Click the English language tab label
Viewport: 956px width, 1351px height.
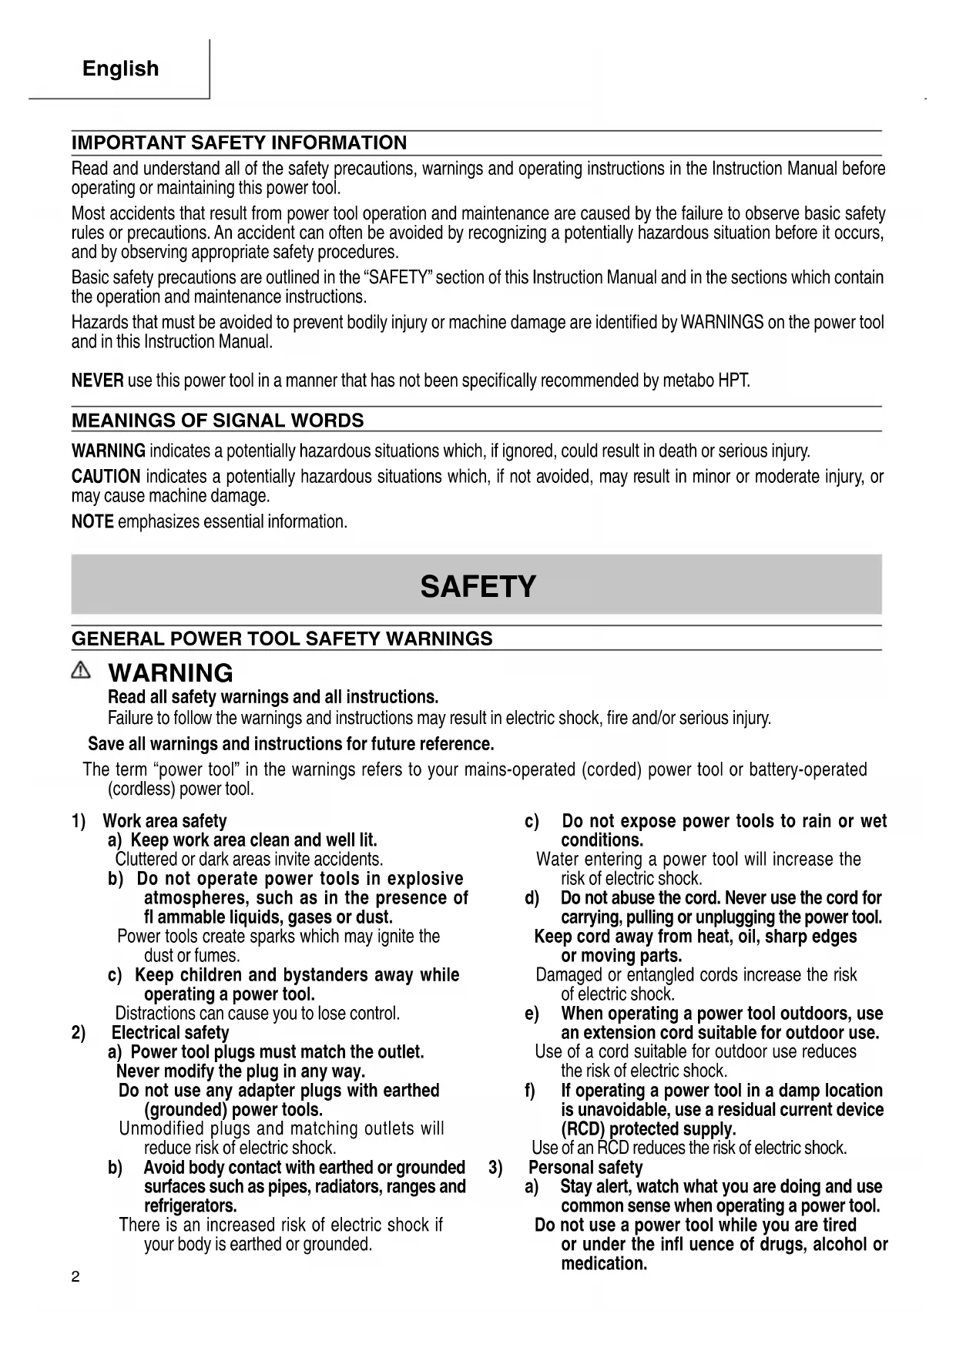pyautogui.click(x=120, y=69)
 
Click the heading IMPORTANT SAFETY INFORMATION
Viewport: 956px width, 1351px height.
pyautogui.click(x=239, y=143)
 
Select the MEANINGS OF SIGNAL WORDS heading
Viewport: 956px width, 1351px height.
pyautogui.click(x=217, y=421)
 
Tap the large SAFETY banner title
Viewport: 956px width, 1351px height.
pyautogui.click(x=478, y=587)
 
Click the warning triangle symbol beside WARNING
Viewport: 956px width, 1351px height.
pyautogui.click(x=80, y=672)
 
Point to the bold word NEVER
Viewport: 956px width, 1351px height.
pyautogui.click(x=97, y=380)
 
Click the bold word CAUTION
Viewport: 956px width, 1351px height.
pyautogui.click(x=106, y=477)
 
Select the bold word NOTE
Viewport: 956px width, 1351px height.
pyautogui.click(x=92, y=522)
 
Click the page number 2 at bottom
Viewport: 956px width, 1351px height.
pyautogui.click(x=75, y=1277)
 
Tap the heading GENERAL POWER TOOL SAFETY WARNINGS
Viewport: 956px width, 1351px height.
pyautogui.click(x=282, y=639)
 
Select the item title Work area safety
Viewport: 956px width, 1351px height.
pyautogui.click(x=165, y=821)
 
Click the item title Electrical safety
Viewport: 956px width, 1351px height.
pyautogui.click(x=170, y=1033)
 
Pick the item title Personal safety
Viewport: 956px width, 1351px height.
pyautogui.click(x=585, y=1168)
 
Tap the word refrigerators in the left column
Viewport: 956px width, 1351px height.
pyautogui.click(x=190, y=1206)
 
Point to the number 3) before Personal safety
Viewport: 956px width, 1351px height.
pyautogui.click(x=495, y=1168)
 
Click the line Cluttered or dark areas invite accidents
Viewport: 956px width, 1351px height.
pyautogui.click(x=249, y=860)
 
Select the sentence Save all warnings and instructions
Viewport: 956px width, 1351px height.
pyautogui.click(x=290, y=744)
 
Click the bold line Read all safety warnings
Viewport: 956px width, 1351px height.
pyautogui.click(x=273, y=698)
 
